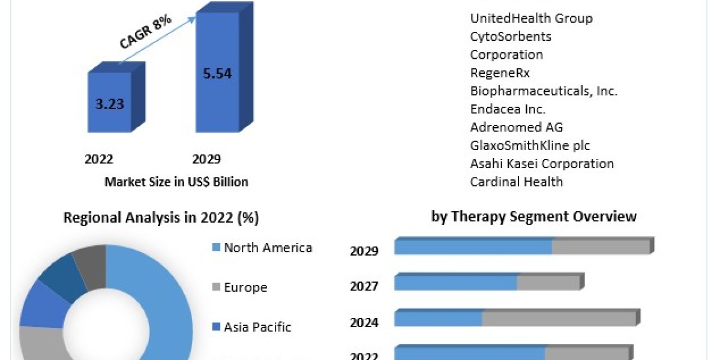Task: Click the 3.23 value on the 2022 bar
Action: click(109, 103)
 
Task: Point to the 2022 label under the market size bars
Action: click(99, 159)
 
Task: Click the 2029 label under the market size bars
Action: click(206, 159)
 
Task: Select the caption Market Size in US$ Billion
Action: click(176, 182)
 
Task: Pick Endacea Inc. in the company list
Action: click(508, 109)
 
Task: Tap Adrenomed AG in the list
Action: click(517, 127)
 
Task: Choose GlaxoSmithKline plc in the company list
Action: click(530, 145)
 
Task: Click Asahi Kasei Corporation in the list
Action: click(542, 163)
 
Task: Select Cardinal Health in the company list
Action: click(517, 181)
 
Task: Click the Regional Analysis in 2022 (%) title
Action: click(161, 218)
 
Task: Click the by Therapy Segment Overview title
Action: click(534, 216)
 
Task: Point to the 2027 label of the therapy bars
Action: click(364, 287)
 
